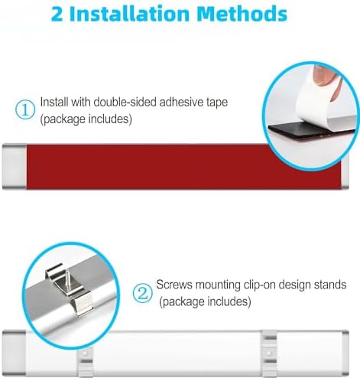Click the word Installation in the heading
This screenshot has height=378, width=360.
click(129, 14)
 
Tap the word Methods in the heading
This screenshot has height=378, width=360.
click(242, 14)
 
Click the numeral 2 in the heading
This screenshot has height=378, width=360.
click(57, 14)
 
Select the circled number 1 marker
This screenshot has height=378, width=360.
click(25, 109)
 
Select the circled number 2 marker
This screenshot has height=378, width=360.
click(143, 293)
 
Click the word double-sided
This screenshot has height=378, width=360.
click(125, 103)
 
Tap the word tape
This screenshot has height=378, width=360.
click(216, 103)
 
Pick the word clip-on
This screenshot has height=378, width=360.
click(259, 285)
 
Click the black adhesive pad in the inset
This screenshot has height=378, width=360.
click(306, 130)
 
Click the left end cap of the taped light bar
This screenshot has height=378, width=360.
click(15, 167)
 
